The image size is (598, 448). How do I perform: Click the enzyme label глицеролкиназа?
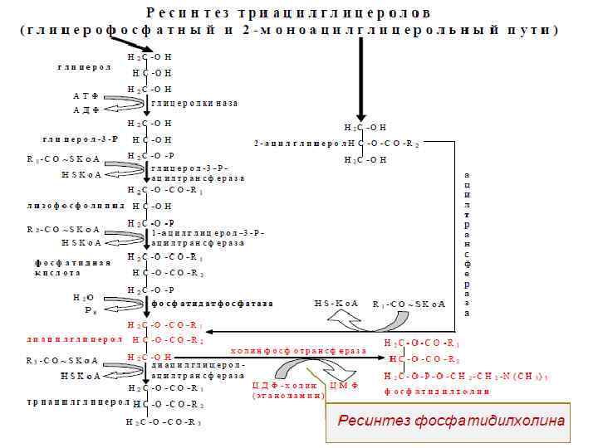coord(194,104)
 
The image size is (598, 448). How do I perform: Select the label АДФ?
coord(86,110)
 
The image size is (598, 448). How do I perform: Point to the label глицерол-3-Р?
coord(80,139)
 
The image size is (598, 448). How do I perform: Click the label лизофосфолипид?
coord(76,205)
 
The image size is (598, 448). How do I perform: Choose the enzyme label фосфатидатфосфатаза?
coord(212,304)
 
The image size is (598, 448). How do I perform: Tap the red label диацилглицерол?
coord(74,340)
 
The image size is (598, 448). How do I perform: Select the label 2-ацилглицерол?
coord(300,144)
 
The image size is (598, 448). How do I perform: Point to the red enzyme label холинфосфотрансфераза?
coord(297,351)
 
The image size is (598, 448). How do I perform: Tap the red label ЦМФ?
coord(344,386)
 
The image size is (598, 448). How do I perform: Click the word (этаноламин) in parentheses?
coord(288,397)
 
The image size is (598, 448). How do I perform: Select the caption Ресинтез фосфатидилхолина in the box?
coord(451,421)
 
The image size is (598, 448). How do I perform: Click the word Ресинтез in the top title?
coord(186,13)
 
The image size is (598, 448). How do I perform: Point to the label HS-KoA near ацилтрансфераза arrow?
coord(336,304)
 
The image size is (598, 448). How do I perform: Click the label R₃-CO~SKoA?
coord(62,361)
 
